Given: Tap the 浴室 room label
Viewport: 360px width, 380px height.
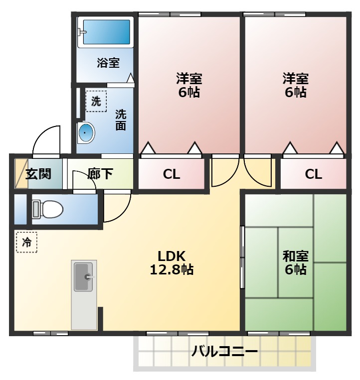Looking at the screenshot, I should coord(108,63).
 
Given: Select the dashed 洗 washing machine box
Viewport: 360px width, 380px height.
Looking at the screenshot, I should coord(95,102).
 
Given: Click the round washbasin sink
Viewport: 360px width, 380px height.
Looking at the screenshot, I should coord(86,132).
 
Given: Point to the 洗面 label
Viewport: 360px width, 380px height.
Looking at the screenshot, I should coord(121,120).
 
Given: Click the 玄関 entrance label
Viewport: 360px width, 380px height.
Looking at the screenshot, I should coord(38,174).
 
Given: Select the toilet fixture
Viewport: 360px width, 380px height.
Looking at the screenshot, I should coord(48,209).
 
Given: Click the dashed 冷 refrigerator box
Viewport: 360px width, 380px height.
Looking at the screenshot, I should coord(26,242).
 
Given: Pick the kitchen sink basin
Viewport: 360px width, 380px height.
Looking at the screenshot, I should coord(84,277).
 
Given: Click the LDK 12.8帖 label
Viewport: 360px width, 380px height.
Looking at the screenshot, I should coord(172,263).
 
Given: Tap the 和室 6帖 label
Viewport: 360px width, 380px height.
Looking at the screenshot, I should coord(295,263).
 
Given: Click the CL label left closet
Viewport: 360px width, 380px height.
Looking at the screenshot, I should coord(171,174).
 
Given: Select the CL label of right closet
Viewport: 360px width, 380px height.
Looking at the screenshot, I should coord(313,174).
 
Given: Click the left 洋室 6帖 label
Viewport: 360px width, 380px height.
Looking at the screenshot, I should coord(189,85).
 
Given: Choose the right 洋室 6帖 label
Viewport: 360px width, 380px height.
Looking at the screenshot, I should coord(295,85).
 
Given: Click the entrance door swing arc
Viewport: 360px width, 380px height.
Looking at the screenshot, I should coord(46,137).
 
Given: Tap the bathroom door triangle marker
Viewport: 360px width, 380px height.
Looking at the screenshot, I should coord(130,78).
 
